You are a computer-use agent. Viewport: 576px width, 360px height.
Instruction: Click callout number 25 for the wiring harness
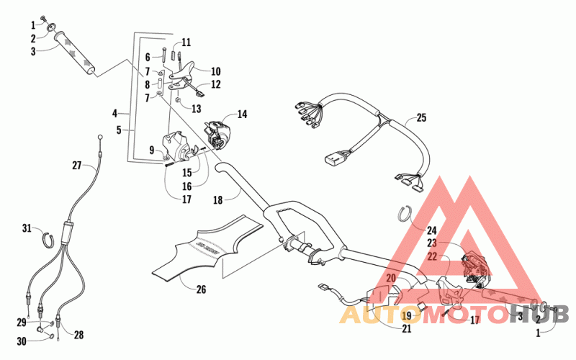421,117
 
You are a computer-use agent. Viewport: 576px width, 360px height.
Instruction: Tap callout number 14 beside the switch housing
242,114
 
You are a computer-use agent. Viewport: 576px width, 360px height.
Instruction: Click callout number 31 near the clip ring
27,229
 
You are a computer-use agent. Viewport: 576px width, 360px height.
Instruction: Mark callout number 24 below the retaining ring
431,231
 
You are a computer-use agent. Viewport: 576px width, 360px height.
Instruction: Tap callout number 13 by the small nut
197,109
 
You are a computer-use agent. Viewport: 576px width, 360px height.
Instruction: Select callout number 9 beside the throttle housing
152,150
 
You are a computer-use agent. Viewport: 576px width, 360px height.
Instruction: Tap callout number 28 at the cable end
79,334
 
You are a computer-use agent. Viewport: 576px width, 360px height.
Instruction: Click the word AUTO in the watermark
377,315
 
